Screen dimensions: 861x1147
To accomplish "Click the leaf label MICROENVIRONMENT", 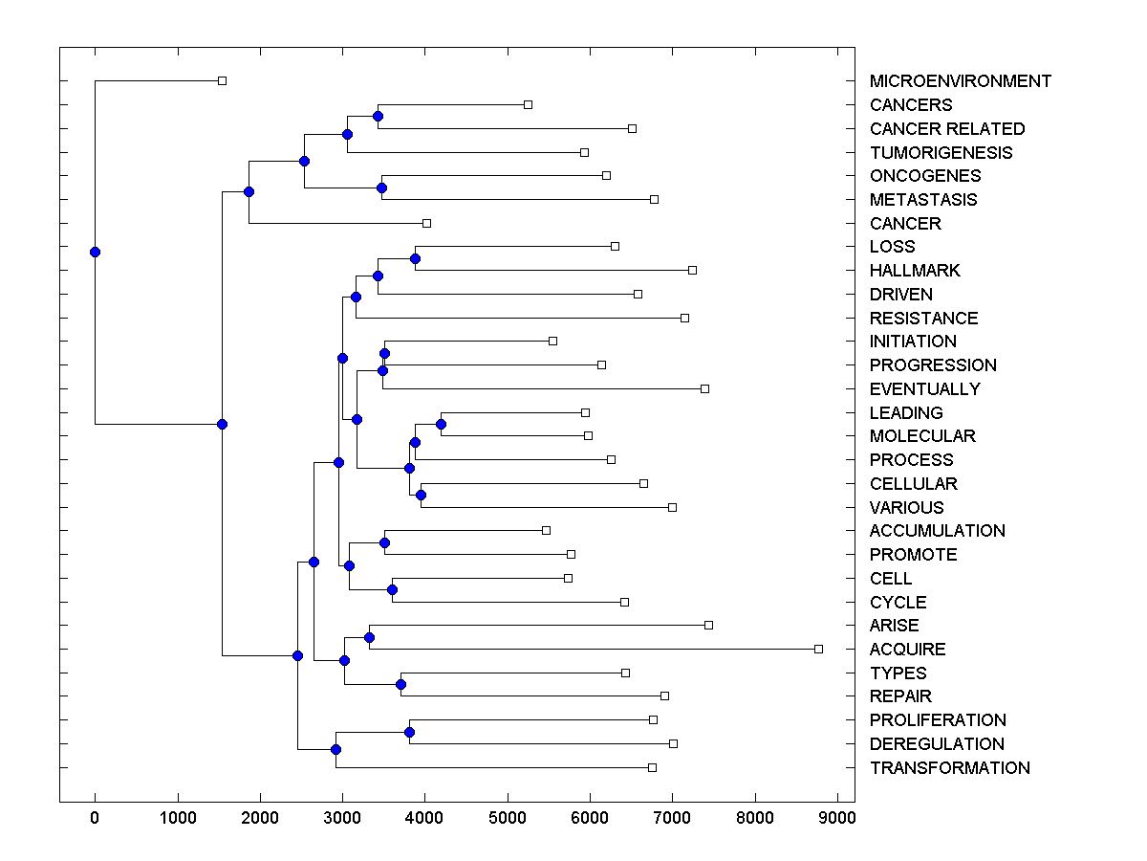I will click(960, 81).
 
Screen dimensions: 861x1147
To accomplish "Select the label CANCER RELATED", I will click(946, 129).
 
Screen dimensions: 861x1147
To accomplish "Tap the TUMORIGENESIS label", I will click(941, 153).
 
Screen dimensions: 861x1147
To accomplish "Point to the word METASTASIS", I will click(923, 200).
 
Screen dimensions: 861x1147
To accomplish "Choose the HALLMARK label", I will click(915, 271).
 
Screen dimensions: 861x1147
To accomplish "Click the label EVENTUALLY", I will click(924, 389).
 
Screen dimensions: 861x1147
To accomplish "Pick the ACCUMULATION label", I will click(937, 531).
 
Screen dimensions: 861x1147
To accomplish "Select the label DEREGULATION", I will click(937, 744).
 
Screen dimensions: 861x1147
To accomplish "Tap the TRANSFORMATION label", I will click(949, 768).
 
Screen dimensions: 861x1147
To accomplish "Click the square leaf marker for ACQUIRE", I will click(818, 649).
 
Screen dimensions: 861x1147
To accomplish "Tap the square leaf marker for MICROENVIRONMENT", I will click(222, 81).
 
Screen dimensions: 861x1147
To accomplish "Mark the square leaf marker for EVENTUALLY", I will click(704, 388).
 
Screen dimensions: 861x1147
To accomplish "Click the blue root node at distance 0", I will click(95, 253).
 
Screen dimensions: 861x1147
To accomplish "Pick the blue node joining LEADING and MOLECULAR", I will click(442, 424).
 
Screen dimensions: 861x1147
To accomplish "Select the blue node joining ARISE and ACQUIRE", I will click(369, 637).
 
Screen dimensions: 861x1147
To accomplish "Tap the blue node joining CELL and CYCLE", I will click(392, 589).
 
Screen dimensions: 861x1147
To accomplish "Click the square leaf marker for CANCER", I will click(426, 223).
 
